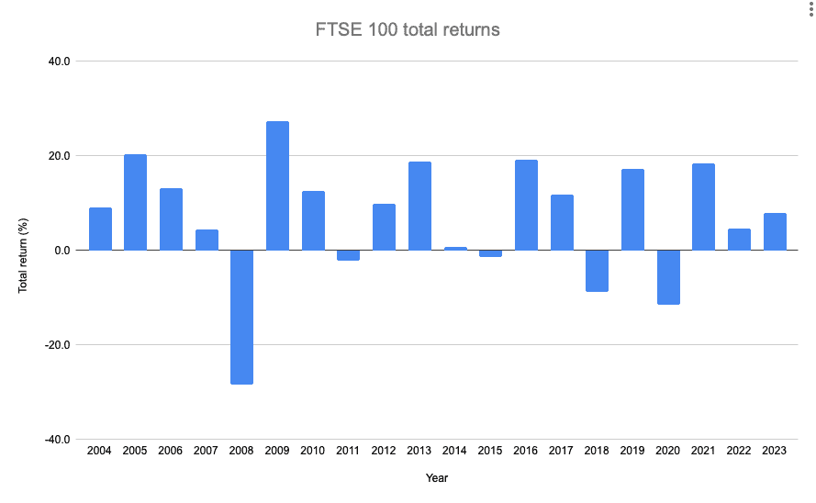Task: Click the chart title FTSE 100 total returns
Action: tap(408, 29)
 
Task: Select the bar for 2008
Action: tap(242, 317)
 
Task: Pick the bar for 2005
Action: tap(136, 202)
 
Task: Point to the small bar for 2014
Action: tap(455, 249)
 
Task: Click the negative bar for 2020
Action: tap(668, 277)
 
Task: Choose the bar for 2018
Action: tap(598, 271)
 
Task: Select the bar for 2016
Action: tap(526, 205)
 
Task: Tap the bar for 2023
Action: tap(775, 231)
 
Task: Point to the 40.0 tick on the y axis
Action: tap(60, 61)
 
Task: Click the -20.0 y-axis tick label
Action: tap(58, 345)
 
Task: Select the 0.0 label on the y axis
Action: tap(62, 251)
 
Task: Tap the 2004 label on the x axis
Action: tap(100, 451)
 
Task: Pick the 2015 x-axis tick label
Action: tap(491, 451)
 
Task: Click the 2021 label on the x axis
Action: tap(704, 451)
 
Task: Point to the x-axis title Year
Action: tap(437, 478)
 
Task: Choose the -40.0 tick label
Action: tap(58, 440)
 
